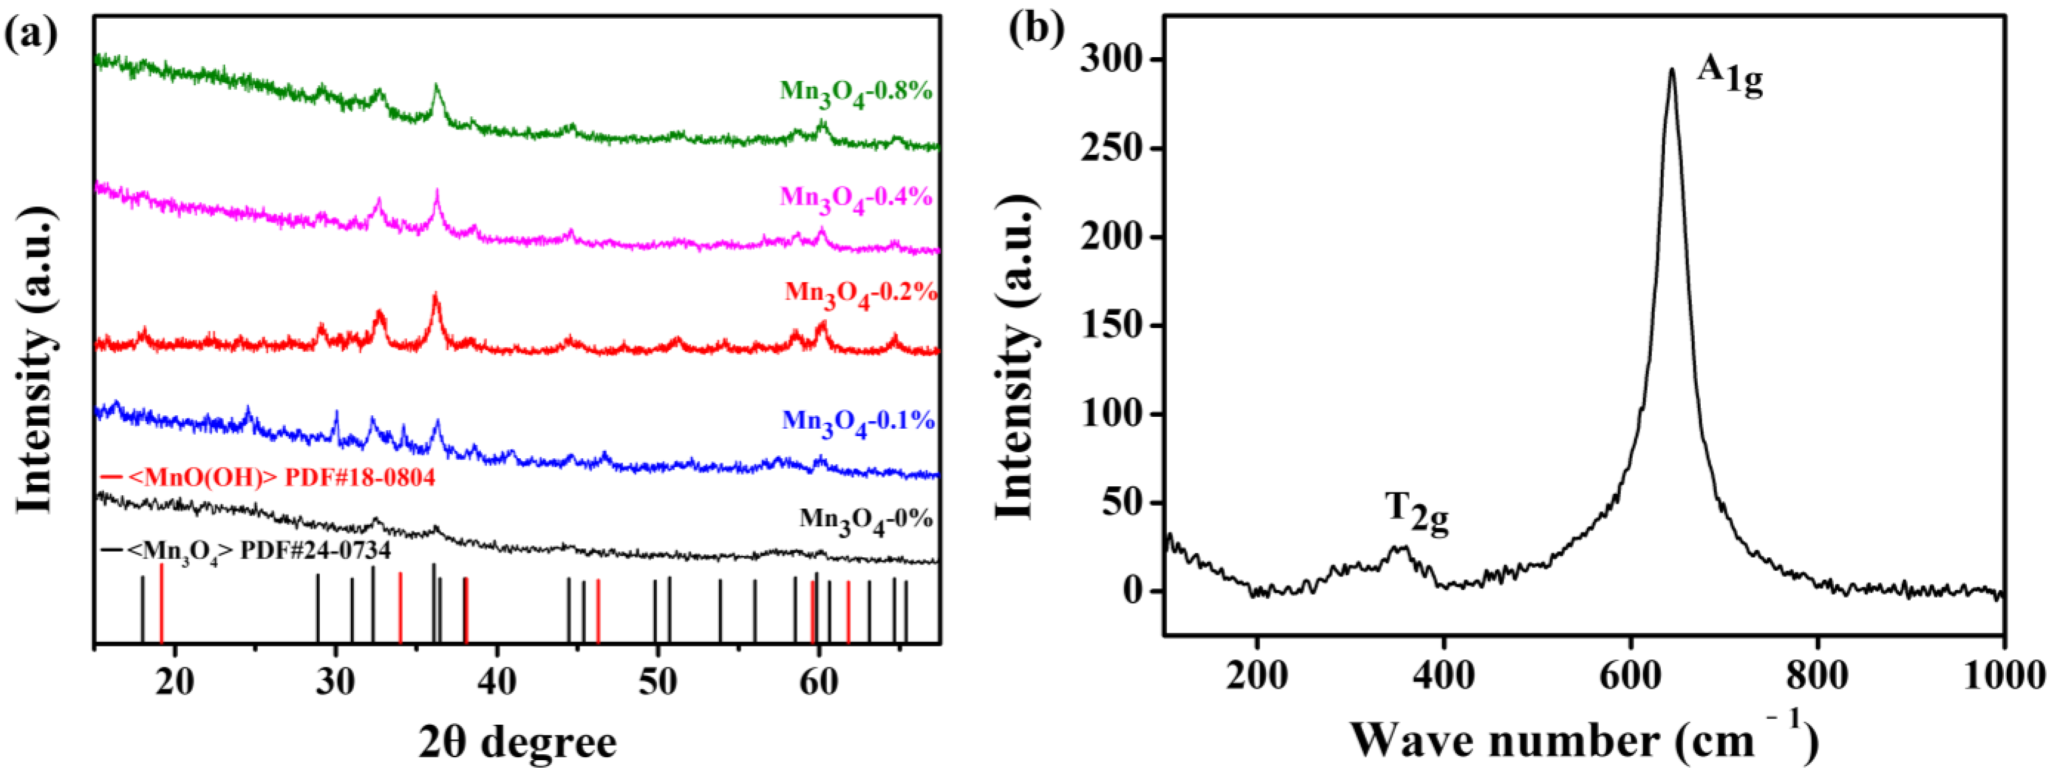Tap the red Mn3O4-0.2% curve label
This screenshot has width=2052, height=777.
click(x=860, y=293)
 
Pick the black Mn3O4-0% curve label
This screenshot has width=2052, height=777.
click(x=866, y=520)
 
